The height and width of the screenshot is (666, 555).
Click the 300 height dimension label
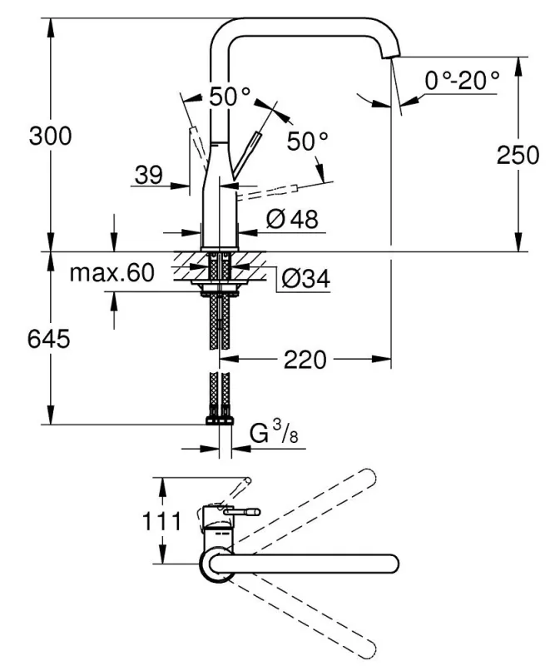click(x=50, y=136)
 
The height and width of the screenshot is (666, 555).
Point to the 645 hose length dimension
click(x=50, y=339)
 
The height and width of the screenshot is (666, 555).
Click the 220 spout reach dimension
click(x=306, y=360)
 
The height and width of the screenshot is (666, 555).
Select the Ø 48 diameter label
click(x=292, y=219)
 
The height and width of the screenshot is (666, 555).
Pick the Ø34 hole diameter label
click(x=305, y=280)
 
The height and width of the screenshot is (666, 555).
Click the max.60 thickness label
click(x=111, y=273)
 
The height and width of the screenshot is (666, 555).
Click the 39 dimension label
click(x=148, y=175)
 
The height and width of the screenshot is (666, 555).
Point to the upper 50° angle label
click(x=230, y=97)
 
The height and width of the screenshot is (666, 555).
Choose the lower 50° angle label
click(x=307, y=142)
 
